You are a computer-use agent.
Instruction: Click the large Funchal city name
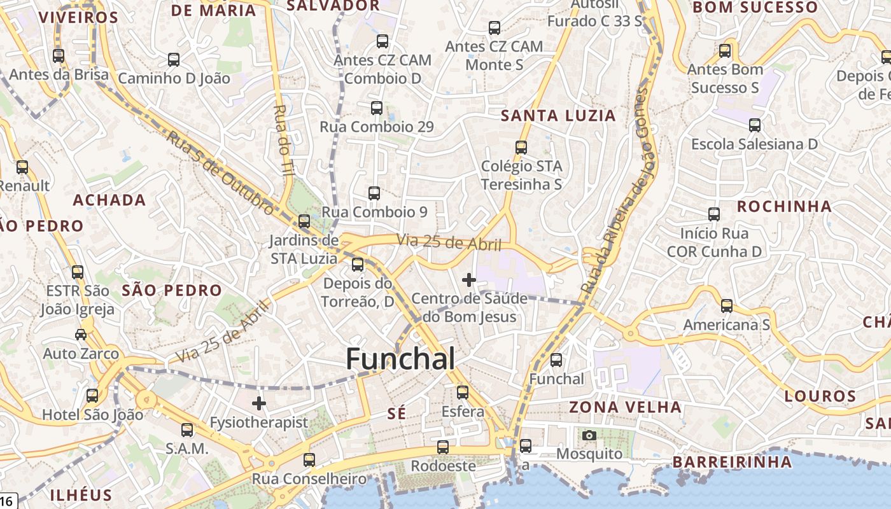tap(400, 359)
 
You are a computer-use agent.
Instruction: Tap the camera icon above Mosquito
tap(589, 435)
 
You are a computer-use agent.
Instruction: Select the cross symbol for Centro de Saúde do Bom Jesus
tap(469, 279)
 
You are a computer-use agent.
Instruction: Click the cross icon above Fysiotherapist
tap(259, 403)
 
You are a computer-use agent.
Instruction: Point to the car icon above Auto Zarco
tap(81, 335)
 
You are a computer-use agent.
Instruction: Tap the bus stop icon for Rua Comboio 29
tap(377, 108)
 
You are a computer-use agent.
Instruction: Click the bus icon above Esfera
tap(463, 393)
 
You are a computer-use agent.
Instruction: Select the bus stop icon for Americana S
tap(727, 306)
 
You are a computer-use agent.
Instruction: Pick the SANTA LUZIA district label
tap(558, 116)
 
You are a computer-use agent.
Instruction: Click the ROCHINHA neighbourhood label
tap(784, 207)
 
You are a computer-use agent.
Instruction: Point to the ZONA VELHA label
tap(625, 407)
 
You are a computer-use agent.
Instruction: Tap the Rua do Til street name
tap(282, 139)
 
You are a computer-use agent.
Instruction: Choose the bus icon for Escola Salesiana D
tap(755, 125)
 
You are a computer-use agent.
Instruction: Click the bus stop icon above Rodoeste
tap(443, 447)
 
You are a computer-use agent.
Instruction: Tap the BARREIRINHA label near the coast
tap(732, 462)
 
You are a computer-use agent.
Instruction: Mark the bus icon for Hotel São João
tap(92, 396)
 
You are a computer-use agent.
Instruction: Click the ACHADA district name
tap(109, 200)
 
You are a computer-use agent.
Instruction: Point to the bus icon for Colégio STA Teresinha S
tap(521, 148)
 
